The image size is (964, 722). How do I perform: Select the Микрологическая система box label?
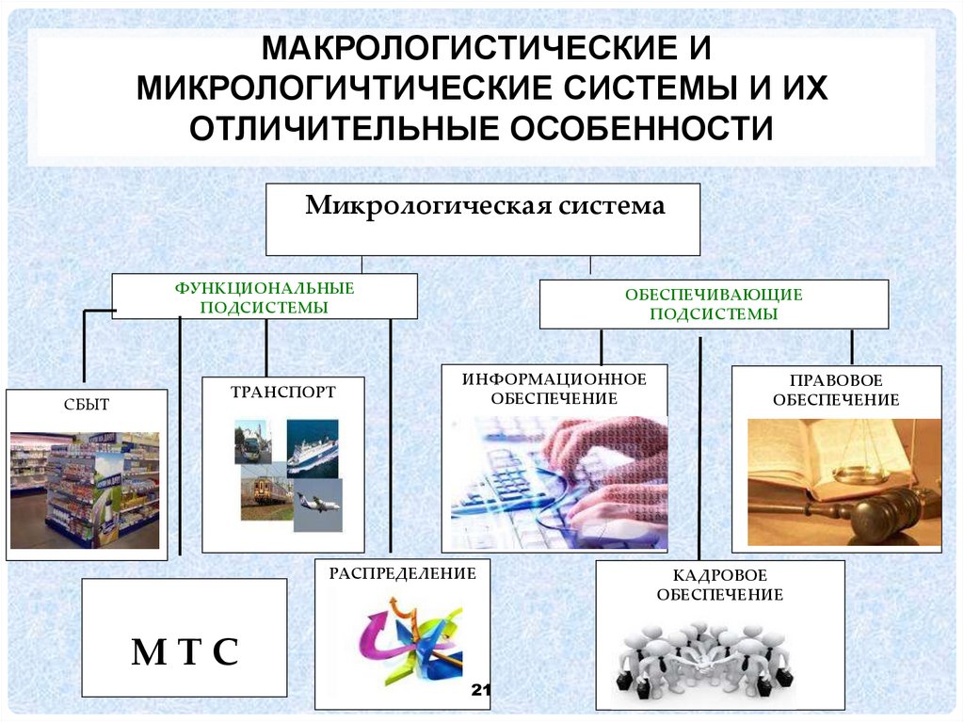point(485,205)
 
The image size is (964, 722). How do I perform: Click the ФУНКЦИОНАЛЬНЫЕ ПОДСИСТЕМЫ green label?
point(264,297)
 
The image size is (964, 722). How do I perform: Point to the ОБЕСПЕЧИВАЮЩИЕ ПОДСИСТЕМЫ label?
point(713,304)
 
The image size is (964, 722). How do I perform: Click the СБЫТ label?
point(87,405)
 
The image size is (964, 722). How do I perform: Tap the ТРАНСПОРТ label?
point(283,392)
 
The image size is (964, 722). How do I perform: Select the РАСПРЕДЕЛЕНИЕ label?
point(403,572)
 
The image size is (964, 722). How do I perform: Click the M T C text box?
point(185,651)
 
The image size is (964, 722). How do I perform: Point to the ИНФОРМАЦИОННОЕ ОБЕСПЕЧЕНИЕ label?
point(554,388)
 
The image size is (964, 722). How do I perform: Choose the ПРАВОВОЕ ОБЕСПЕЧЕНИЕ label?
point(835,390)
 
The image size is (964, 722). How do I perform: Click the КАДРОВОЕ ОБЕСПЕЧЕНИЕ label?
point(720,585)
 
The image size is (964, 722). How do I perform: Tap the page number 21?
point(481,692)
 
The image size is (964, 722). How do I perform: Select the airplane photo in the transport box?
point(317,504)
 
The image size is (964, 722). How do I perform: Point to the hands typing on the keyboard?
point(602,471)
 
